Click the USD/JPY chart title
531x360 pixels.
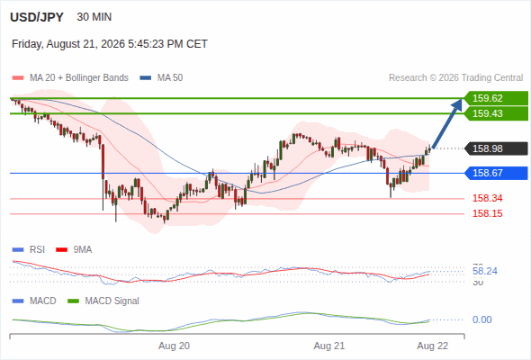click(x=37, y=17)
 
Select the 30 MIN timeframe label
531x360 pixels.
click(x=94, y=17)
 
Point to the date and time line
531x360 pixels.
click(x=110, y=44)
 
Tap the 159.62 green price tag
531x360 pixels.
click(x=496, y=98)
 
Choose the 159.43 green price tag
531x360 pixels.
click(x=496, y=113)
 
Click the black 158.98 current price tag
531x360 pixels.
click(x=496, y=148)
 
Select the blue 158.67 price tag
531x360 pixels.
click(x=496, y=173)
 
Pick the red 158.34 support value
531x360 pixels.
click(x=487, y=198)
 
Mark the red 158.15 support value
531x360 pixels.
click(x=487, y=213)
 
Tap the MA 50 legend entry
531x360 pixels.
click(x=161, y=78)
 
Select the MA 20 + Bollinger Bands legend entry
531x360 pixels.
click(x=70, y=78)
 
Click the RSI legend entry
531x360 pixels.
click(x=29, y=249)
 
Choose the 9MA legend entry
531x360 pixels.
click(x=74, y=249)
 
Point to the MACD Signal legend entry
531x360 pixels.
click(x=103, y=301)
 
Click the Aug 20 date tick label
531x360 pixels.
click(x=174, y=346)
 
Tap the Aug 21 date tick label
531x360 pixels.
click(x=329, y=346)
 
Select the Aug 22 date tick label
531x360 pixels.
click(x=433, y=346)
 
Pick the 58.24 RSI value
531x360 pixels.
click(x=485, y=271)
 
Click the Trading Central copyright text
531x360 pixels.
click(x=455, y=78)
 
